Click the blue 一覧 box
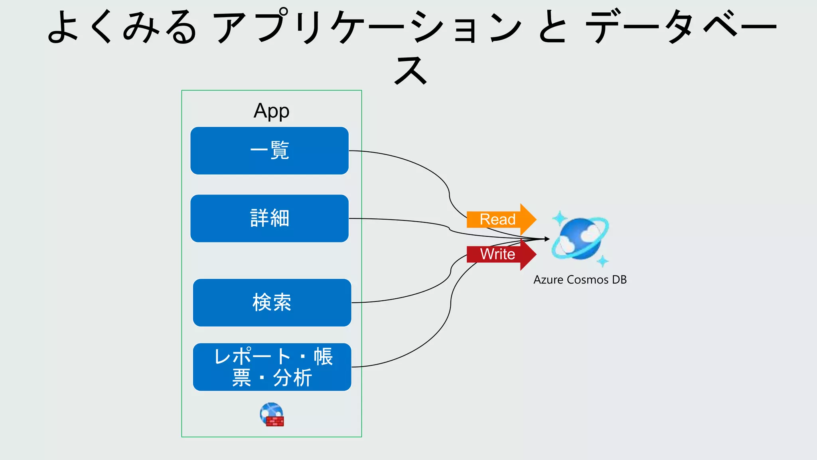pos(269,151)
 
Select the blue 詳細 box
pos(269,218)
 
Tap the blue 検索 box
pos(272,303)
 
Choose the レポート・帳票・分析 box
pos(272,367)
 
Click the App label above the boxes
pos(271,111)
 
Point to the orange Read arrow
pos(500,219)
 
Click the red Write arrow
pos(500,254)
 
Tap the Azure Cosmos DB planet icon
pos(580,239)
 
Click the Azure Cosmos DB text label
pos(580,280)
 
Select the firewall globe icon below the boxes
pos(272,414)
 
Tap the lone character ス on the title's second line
pos(410,70)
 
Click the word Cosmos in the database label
pos(588,280)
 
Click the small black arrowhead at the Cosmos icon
pos(547,239)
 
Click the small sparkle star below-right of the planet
pos(603,262)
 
